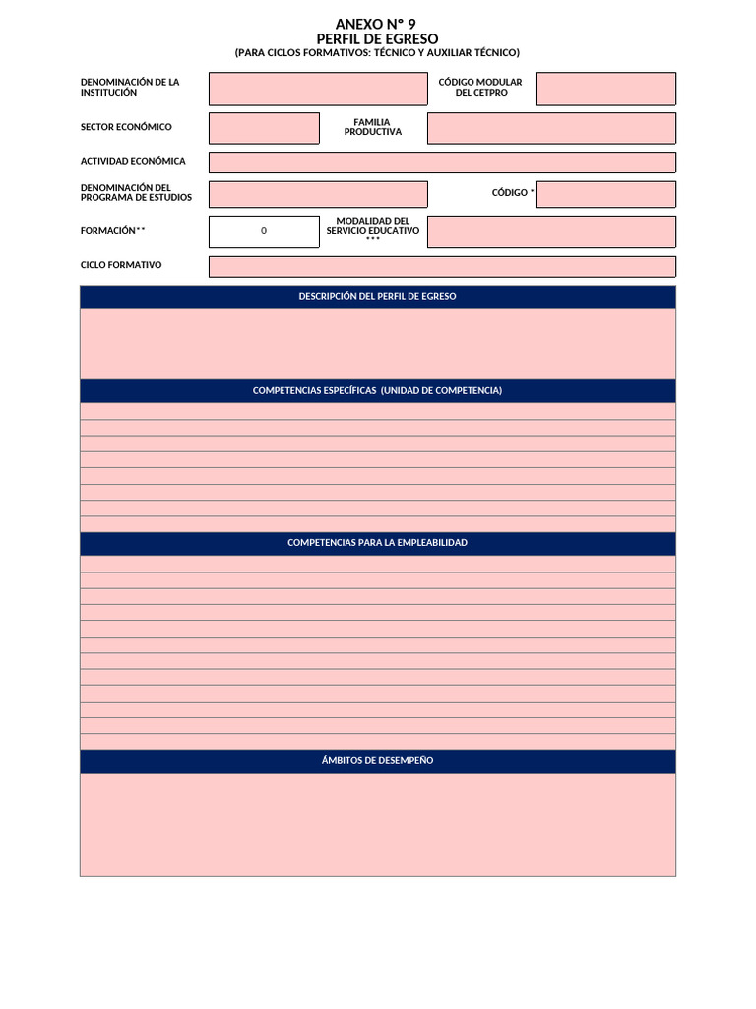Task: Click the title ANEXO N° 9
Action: [377, 24]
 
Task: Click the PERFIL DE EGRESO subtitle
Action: [377, 38]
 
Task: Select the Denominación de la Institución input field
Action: [318, 89]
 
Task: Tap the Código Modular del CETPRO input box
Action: [605, 89]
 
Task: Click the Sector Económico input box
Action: [264, 128]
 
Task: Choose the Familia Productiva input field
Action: [551, 128]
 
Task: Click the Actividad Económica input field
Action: [442, 163]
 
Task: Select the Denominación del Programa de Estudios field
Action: [318, 194]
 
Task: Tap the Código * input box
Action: [605, 194]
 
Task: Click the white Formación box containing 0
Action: [264, 232]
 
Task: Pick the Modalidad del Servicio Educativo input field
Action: [551, 232]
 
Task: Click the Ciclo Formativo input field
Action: [442, 266]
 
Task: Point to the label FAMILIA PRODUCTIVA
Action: [372, 127]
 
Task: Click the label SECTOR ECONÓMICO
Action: [126, 127]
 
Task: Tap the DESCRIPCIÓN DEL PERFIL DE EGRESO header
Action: [377, 296]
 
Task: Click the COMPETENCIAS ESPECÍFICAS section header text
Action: [377, 391]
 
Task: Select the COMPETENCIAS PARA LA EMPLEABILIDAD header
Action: [377, 543]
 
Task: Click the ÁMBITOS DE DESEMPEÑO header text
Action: [377, 761]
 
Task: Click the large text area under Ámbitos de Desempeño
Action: [377, 825]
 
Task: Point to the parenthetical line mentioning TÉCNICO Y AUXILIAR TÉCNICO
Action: [377, 53]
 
